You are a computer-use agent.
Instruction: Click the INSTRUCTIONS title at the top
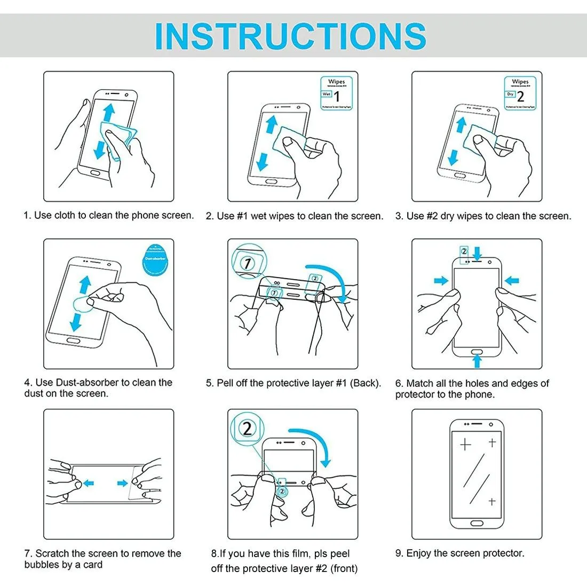point(291,36)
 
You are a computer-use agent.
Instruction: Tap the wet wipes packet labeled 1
point(337,93)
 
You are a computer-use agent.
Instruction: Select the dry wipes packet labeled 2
point(520,93)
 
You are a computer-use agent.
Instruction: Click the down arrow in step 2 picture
point(262,160)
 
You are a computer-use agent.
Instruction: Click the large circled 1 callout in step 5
point(247,263)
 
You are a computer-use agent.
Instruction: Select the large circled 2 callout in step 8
point(247,429)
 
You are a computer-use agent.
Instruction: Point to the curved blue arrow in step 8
point(315,443)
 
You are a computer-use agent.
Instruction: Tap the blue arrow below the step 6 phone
point(477,361)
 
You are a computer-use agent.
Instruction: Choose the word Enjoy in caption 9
point(419,553)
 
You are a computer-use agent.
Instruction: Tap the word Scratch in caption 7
point(52,553)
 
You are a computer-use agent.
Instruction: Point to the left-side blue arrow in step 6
point(441,280)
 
